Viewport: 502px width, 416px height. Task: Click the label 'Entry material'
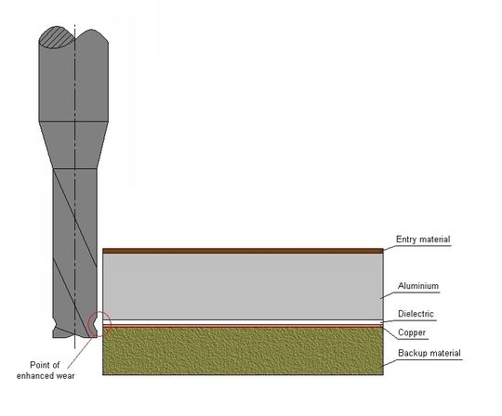pyautogui.click(x=423, y=240)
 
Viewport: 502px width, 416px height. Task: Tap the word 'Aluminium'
pyautogui.click(x=418, y=286)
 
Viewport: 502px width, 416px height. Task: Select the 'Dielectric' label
pyautogui.click(x=416, y=314)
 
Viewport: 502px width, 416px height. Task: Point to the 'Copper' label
pyautogui.click(x=412, y=332)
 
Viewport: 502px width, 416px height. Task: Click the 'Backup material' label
pyautogui.click(x=429, y=353)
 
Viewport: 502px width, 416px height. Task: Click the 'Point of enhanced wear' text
pyautogui.click(x=46, y=370)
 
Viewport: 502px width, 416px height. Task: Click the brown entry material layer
pyautogui.click(x=243, y=251)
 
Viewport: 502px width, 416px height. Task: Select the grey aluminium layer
pyautogui.click(x=243, y=286)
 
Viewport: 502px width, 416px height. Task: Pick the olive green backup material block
pyautogui.click(x=243, y=351)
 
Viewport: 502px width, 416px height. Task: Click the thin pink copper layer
pyautogui.click(x=243, y=326)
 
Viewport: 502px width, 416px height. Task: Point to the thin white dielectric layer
pyautogui.click(x=243, y=322)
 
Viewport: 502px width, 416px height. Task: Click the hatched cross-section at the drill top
pyautogui.click(x=57, y=38)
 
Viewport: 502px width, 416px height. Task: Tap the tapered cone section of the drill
pyautogui.click(x=73, y=145)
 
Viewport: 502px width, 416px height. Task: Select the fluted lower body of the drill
pyautogui.click(x=75, y=253)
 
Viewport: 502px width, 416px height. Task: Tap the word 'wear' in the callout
pyautogui.click(x=65, y=376)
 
